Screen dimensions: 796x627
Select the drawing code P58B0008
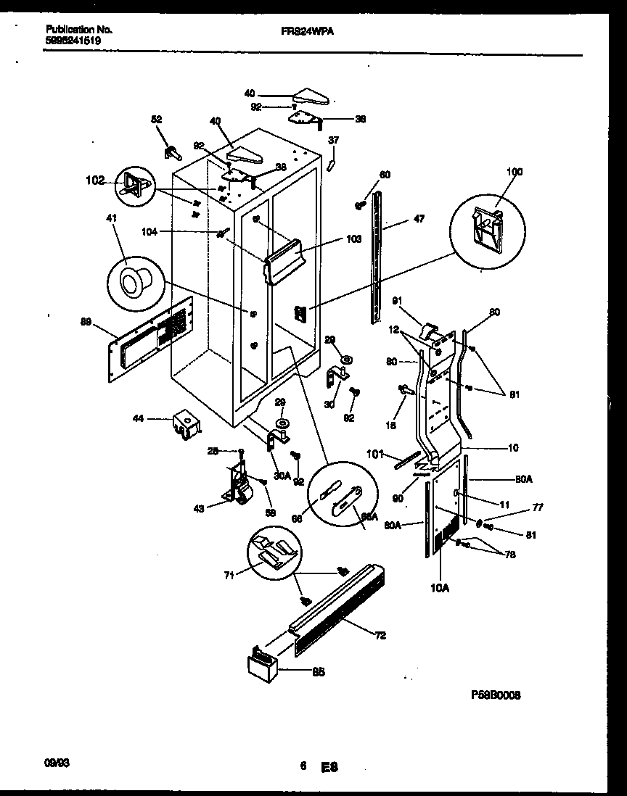[x=496, y=695]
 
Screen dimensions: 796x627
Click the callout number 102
[x=95, y=181]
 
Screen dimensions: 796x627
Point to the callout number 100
[x=514, y=172]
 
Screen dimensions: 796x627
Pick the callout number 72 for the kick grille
[x=380, y=635]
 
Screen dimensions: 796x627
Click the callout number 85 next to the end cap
[x=318, y=671]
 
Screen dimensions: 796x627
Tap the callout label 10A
[x=439, y=588]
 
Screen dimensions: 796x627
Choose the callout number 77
[x=538, y=508]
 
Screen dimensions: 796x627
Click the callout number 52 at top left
[x=156, y=120]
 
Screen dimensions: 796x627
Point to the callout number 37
[x=333, y=140]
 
